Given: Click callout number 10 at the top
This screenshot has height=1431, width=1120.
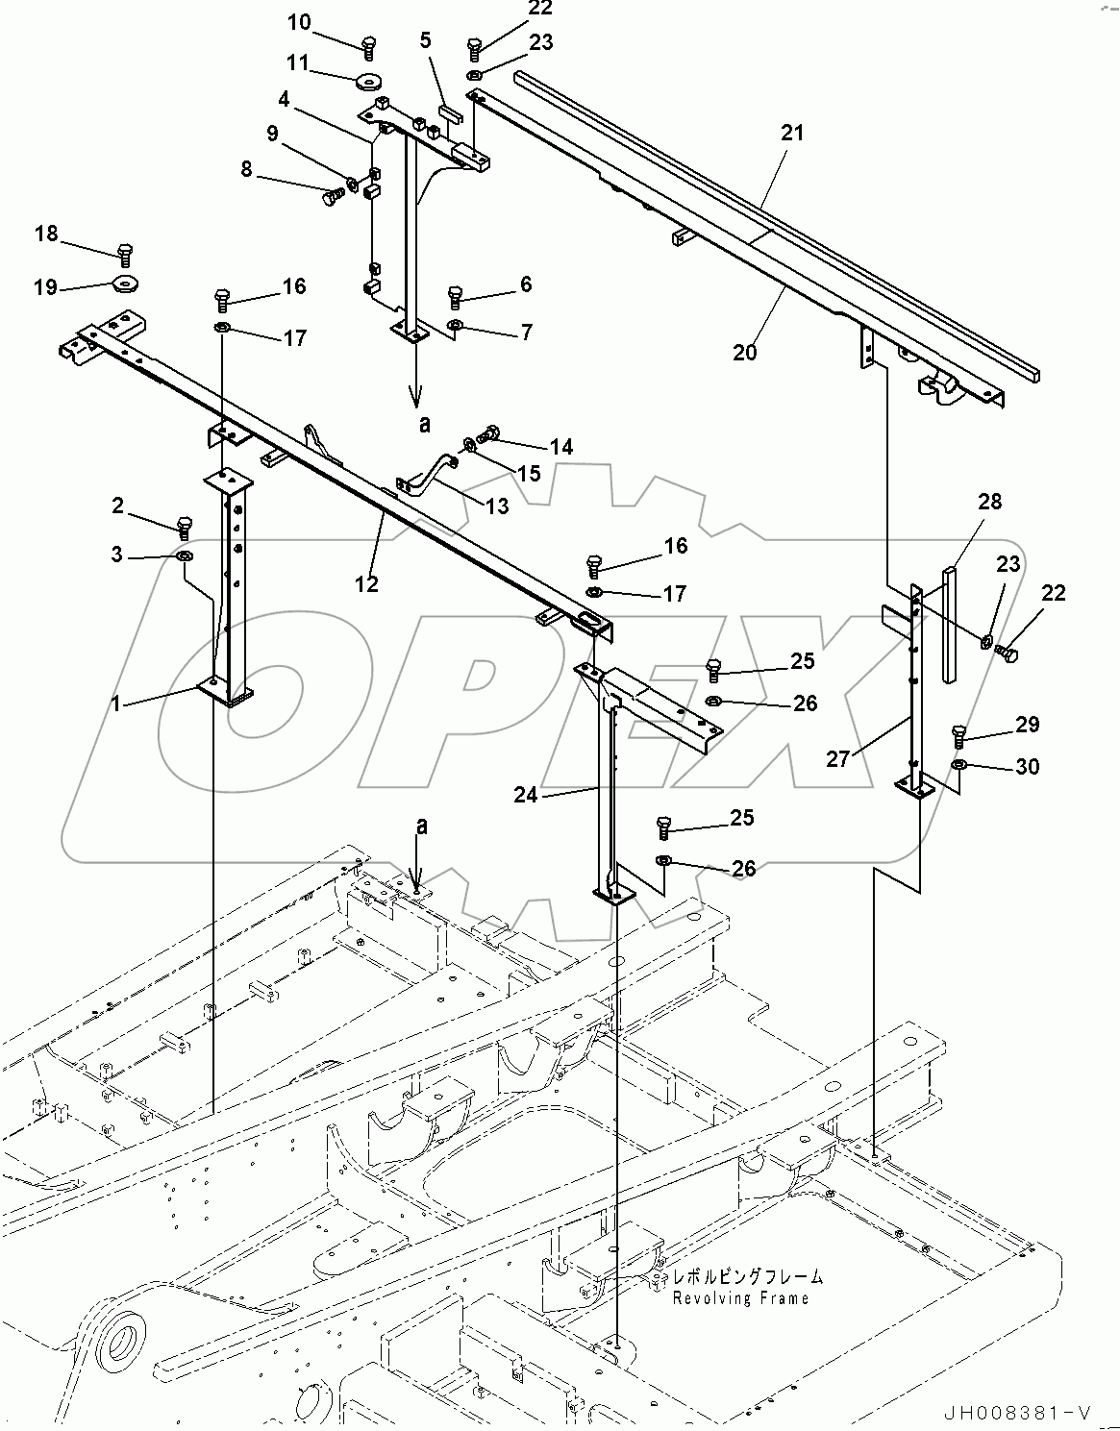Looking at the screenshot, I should coord(299,21).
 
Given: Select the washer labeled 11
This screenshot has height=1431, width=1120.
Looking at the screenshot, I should coord(369,81).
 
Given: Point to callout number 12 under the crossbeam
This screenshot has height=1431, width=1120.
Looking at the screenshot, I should coord(366,583).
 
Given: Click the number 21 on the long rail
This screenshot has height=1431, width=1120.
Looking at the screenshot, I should coord(791,134).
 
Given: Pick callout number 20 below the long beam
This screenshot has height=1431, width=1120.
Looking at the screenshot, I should coord(744,352).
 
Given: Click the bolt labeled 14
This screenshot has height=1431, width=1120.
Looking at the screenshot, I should coord(488,434).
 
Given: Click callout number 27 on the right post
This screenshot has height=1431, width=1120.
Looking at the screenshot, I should coord(838,758).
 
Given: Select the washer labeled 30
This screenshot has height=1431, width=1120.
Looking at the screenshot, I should coord(959,765).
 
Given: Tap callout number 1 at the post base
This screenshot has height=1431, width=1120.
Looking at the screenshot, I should coord(115,704).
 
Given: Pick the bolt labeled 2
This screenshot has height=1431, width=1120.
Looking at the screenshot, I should coord(186,526).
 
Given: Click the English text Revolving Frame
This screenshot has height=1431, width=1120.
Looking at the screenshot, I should coord(739,1298).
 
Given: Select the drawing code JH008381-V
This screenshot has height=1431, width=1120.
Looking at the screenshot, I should coord(1019,1412).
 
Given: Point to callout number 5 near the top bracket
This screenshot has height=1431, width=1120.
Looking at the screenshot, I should coord(425,39).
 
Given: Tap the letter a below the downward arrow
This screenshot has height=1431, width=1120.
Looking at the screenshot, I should coord(424,423).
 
